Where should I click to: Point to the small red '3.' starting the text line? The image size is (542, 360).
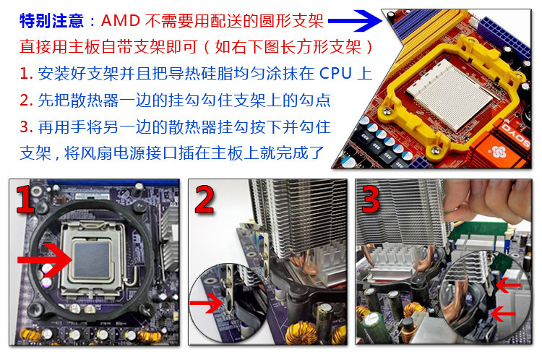26,127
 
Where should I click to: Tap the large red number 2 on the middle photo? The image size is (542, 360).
205,200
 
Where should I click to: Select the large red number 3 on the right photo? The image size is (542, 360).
371,200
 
